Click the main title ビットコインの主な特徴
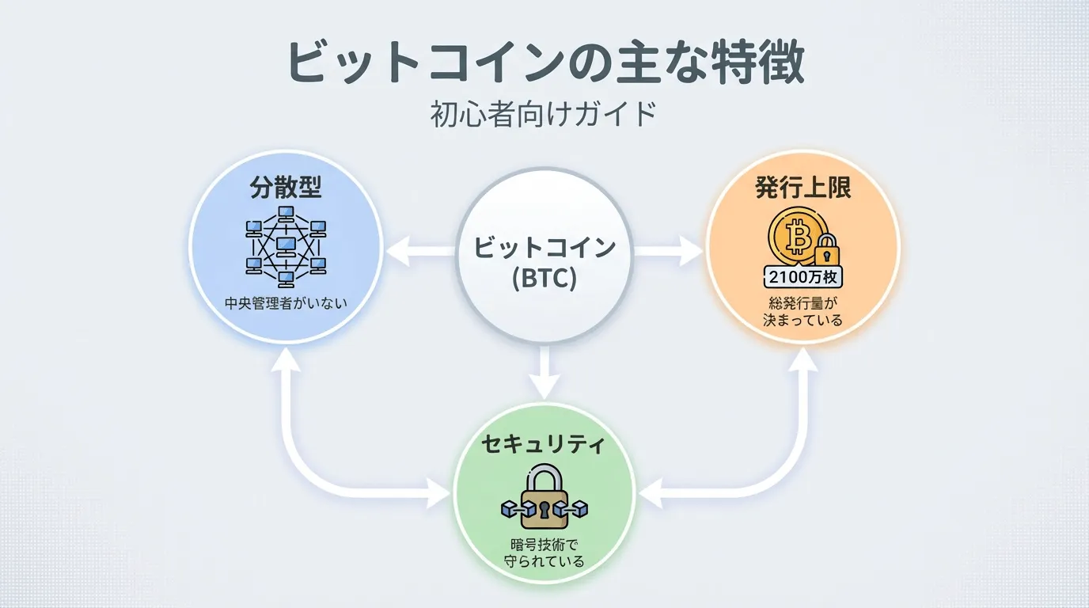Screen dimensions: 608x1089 click(544, 63)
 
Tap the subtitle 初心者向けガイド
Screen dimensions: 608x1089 click(544, 116)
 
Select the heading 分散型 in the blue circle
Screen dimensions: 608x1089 click(286, 189)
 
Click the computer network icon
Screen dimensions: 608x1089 click(286, 245)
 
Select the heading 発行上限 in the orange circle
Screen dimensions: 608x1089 click(803, 189)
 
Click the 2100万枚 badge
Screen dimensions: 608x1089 click(803, 277)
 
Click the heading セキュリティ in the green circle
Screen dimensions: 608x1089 click(544, 445)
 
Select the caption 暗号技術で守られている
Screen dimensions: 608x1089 click(544, 553)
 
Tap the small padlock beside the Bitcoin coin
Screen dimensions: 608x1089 click(827, 253)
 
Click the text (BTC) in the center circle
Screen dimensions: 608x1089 click(544, 279)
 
